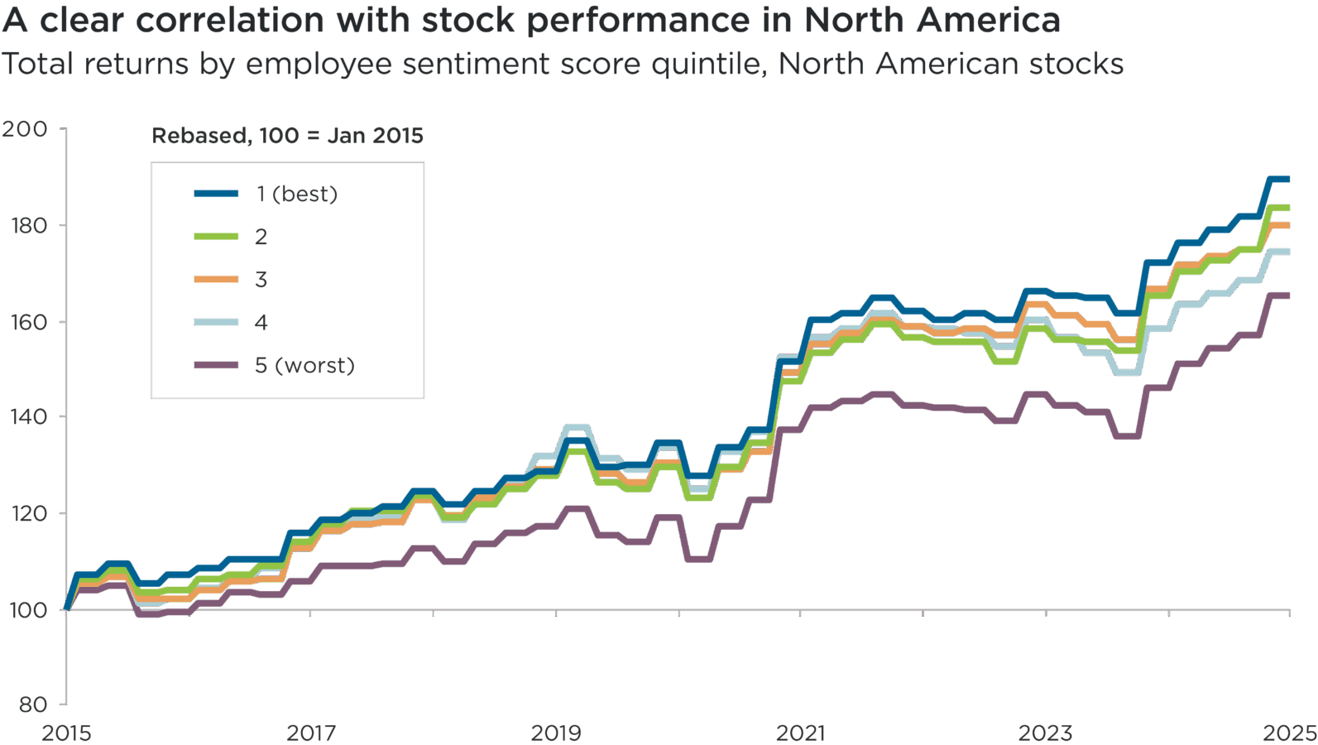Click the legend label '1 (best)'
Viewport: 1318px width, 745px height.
coord(296,195)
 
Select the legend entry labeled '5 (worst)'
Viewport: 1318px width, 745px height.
coord(304,366)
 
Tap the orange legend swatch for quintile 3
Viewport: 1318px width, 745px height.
coord(216,280)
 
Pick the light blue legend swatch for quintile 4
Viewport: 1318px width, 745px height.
coord(216,323)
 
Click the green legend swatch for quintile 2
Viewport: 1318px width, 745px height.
coord(216,237)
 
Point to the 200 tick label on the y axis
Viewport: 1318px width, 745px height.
coord(24,129)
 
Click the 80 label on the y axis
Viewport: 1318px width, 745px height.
coord(32,704)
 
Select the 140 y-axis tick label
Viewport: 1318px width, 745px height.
coord(27,416)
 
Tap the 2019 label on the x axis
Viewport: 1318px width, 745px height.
coord(556,733)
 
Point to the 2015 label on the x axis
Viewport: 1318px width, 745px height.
coord(66,733)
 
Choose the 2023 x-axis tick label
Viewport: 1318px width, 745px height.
coord(1045,733)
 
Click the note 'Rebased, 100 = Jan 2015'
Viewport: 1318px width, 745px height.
coord(287,136)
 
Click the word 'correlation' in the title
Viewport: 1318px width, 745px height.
coord(230,21)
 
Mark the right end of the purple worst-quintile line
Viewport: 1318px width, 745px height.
coord(1288,296)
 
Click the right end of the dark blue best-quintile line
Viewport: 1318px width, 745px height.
coord(1288,180)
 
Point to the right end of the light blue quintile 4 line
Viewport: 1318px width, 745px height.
coord(1288,252)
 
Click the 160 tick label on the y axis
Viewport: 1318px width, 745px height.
coord(27,321)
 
